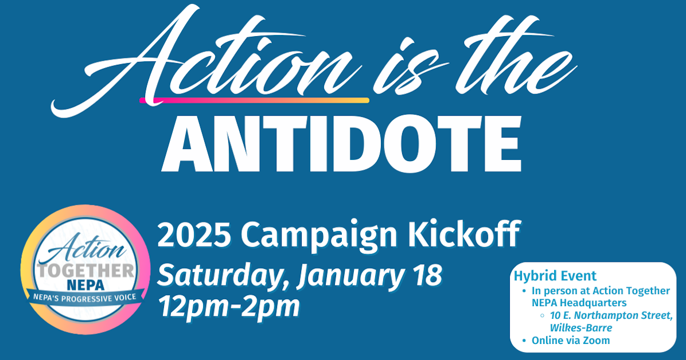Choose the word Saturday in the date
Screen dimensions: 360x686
[x=221, y=276]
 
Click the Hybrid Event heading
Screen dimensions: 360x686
[x=555, y=275]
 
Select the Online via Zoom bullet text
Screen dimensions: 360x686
[x=571, y=341]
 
